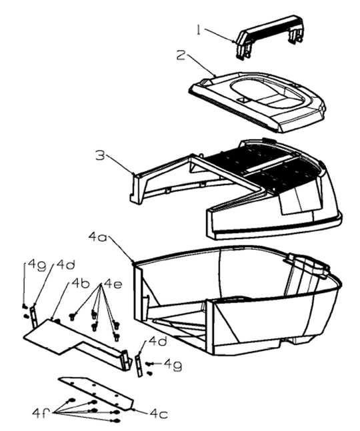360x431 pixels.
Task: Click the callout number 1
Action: [199, 30]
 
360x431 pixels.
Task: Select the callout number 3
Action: [101, 155]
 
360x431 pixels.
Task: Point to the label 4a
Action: [98, 236]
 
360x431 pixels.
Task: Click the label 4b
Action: [80, 283]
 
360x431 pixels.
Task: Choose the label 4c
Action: [159, 413]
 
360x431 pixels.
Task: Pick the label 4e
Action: [113, 284]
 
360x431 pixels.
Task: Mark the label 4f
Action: [41, 413]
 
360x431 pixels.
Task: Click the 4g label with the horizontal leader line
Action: [173, 365]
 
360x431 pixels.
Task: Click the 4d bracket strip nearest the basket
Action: [139, 366]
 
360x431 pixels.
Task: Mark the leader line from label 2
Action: [201, 64]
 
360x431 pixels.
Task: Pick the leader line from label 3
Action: [119, 164]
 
